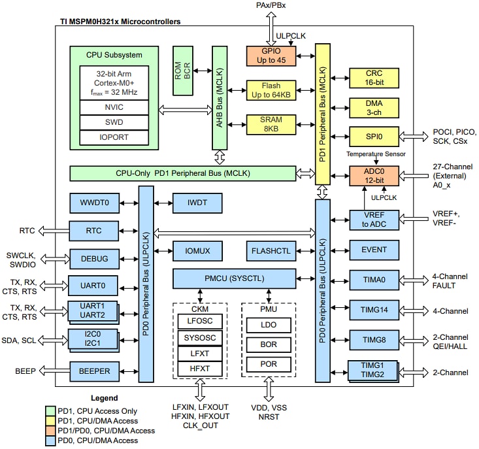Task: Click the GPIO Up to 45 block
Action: pyautogui.click(x=271, y=56)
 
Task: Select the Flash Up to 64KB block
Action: pyautogui.click(x=271, y=91)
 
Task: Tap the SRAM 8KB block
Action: pyautogui.click(x=271, y=125)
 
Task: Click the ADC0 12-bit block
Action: pyautogui.click(x=374, y=175)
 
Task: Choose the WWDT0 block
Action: pyautogui.click(x=95, y=203)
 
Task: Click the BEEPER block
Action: pyautogui.click(x=95, y=371)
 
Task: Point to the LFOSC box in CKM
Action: pyautogui.click(x=200, y=321)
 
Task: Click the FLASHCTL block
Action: pyautogui.click(x=271, y=250)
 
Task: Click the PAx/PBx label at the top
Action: pyautogui.click(x=271, y=6)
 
